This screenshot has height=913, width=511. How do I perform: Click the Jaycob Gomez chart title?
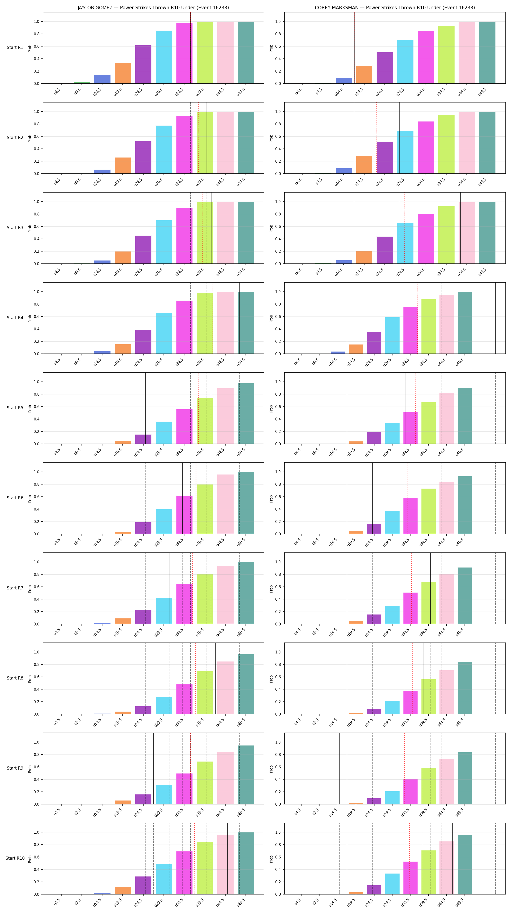tap(153, 8)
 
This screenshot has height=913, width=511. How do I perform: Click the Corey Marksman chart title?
tap(395, 8)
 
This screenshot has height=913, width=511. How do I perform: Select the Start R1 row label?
tap(15, 47)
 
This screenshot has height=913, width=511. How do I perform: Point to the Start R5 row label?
tap(15, 408)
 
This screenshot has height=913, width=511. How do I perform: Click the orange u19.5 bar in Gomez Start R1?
tap(123, 73)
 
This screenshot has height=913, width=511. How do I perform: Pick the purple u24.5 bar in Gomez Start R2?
tap(143, 157)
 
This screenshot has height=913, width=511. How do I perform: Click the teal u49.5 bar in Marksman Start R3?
tap(487, 233)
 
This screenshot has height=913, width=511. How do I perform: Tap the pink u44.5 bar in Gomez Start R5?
tap(226, 416)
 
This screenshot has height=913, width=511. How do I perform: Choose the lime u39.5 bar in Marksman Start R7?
tap(429, 603)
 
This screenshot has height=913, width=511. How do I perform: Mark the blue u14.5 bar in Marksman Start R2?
tap(344, 171)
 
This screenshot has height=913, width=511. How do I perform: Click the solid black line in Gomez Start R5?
tap(145, 408)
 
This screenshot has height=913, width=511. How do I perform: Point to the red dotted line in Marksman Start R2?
tap(376, 138)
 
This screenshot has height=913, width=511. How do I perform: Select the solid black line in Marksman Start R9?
tap(340, 768)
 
